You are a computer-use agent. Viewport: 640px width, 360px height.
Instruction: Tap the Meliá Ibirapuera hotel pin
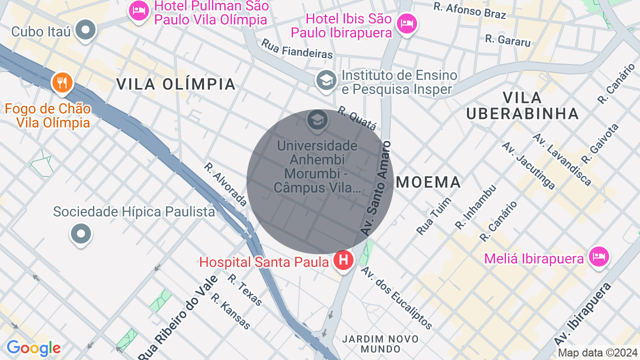598,257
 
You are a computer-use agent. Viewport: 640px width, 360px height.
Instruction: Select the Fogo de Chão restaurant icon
62,82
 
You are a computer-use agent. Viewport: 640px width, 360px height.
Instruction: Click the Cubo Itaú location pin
85,30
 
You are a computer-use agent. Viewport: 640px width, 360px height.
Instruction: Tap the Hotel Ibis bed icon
407,23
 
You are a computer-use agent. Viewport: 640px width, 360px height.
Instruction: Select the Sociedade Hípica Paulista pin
81,233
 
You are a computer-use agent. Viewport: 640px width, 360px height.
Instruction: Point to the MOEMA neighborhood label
428,182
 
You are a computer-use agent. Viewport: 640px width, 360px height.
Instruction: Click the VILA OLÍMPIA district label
176,84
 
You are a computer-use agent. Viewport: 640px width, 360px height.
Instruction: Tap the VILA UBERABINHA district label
522,105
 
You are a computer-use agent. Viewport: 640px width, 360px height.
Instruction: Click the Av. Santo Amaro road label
376,188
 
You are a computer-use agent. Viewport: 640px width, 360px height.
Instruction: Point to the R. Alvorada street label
225,184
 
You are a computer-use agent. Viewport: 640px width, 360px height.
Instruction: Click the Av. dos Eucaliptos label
396,297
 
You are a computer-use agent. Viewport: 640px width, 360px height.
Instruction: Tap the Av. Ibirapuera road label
583,313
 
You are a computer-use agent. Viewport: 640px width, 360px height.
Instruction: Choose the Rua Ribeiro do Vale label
178,318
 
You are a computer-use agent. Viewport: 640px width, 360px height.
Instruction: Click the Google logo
33,348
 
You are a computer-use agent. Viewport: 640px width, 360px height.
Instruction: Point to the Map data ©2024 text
597,352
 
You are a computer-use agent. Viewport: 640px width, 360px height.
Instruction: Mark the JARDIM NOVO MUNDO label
380,344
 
